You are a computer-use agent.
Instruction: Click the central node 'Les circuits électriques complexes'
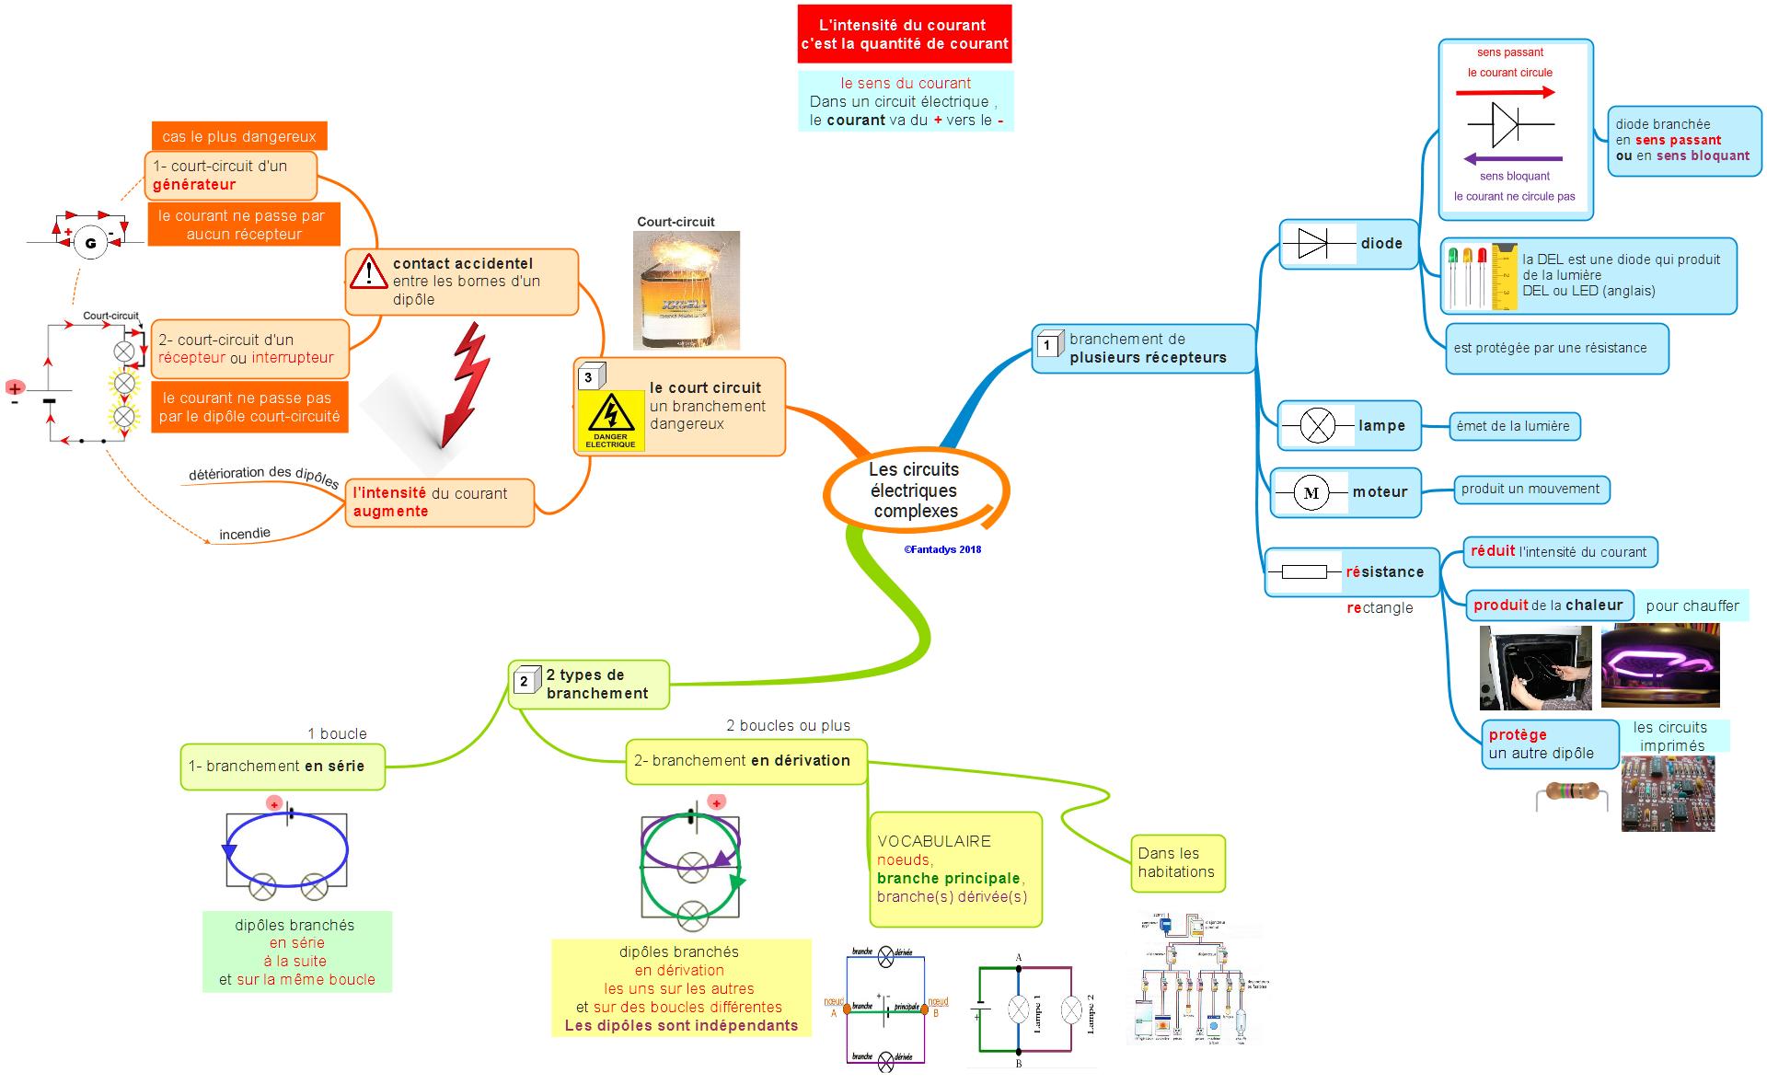pos(915,490)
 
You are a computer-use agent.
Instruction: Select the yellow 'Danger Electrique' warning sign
pos(610,421)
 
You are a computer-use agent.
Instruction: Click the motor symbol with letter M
pos(1311,493)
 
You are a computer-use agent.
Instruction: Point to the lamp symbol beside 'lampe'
pos(1316,426)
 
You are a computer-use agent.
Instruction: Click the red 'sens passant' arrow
pos(1505,92)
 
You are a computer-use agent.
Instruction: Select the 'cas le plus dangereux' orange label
pos(239,136)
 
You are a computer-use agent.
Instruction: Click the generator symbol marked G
pos(90,243)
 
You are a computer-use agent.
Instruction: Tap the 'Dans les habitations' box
pos(1177,863)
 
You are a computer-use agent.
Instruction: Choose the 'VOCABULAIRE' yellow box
pos(955,869)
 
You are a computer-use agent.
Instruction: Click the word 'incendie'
pos(245,534)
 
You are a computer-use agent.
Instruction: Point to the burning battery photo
pos(686,291)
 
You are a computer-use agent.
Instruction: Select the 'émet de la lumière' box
pos(1513,426)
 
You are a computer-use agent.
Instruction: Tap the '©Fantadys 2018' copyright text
pos(942,549)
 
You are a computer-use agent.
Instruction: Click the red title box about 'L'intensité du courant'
pos(904,34)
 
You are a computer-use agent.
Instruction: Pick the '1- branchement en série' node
pos(282,767)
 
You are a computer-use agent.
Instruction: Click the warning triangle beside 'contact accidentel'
pos(368,272)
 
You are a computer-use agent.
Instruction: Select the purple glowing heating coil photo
pos(1659,664)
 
